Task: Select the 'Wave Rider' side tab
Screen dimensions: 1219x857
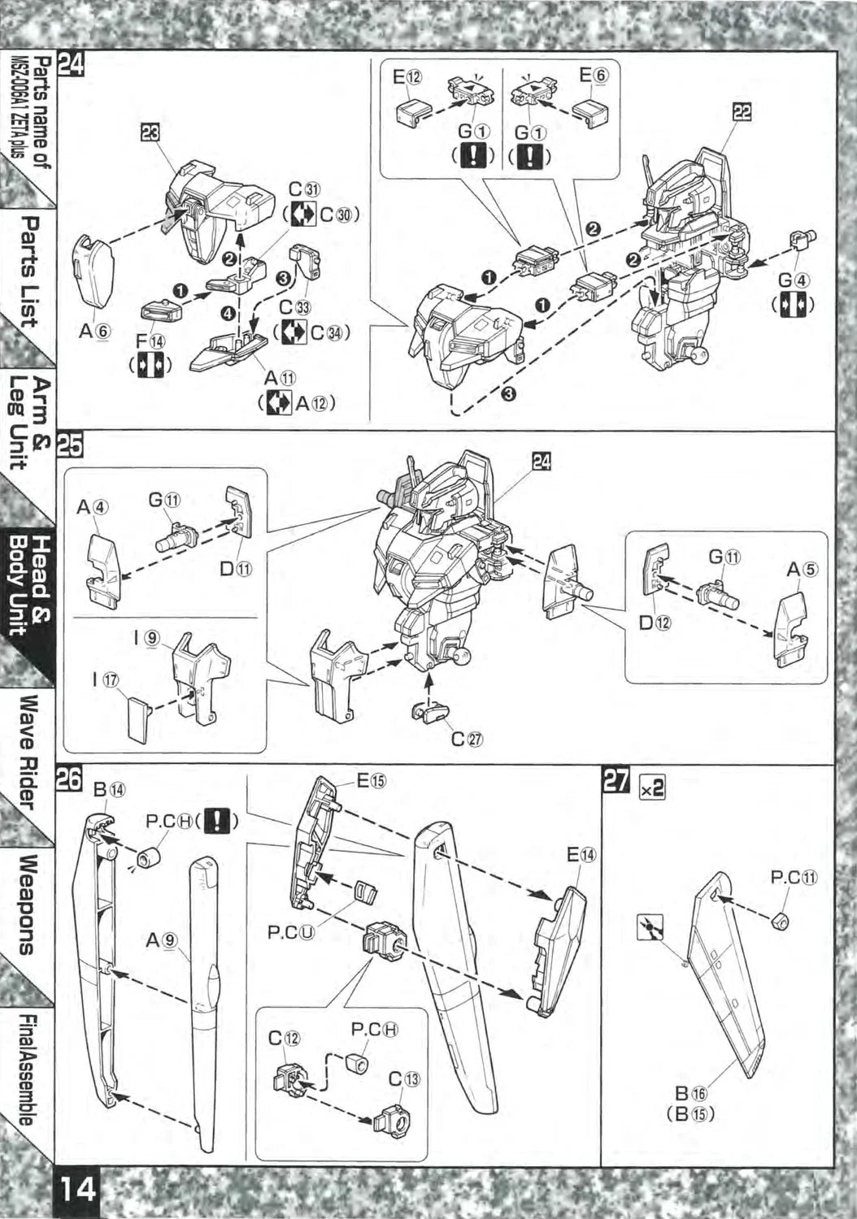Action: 30,752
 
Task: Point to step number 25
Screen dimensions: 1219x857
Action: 69,447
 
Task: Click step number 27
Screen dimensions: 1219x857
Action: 616,781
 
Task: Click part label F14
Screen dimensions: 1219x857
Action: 150,343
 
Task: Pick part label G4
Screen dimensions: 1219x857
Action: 794,280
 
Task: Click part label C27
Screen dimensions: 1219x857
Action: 467,739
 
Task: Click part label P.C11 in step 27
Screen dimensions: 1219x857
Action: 794,878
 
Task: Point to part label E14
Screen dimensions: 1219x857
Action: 581,855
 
